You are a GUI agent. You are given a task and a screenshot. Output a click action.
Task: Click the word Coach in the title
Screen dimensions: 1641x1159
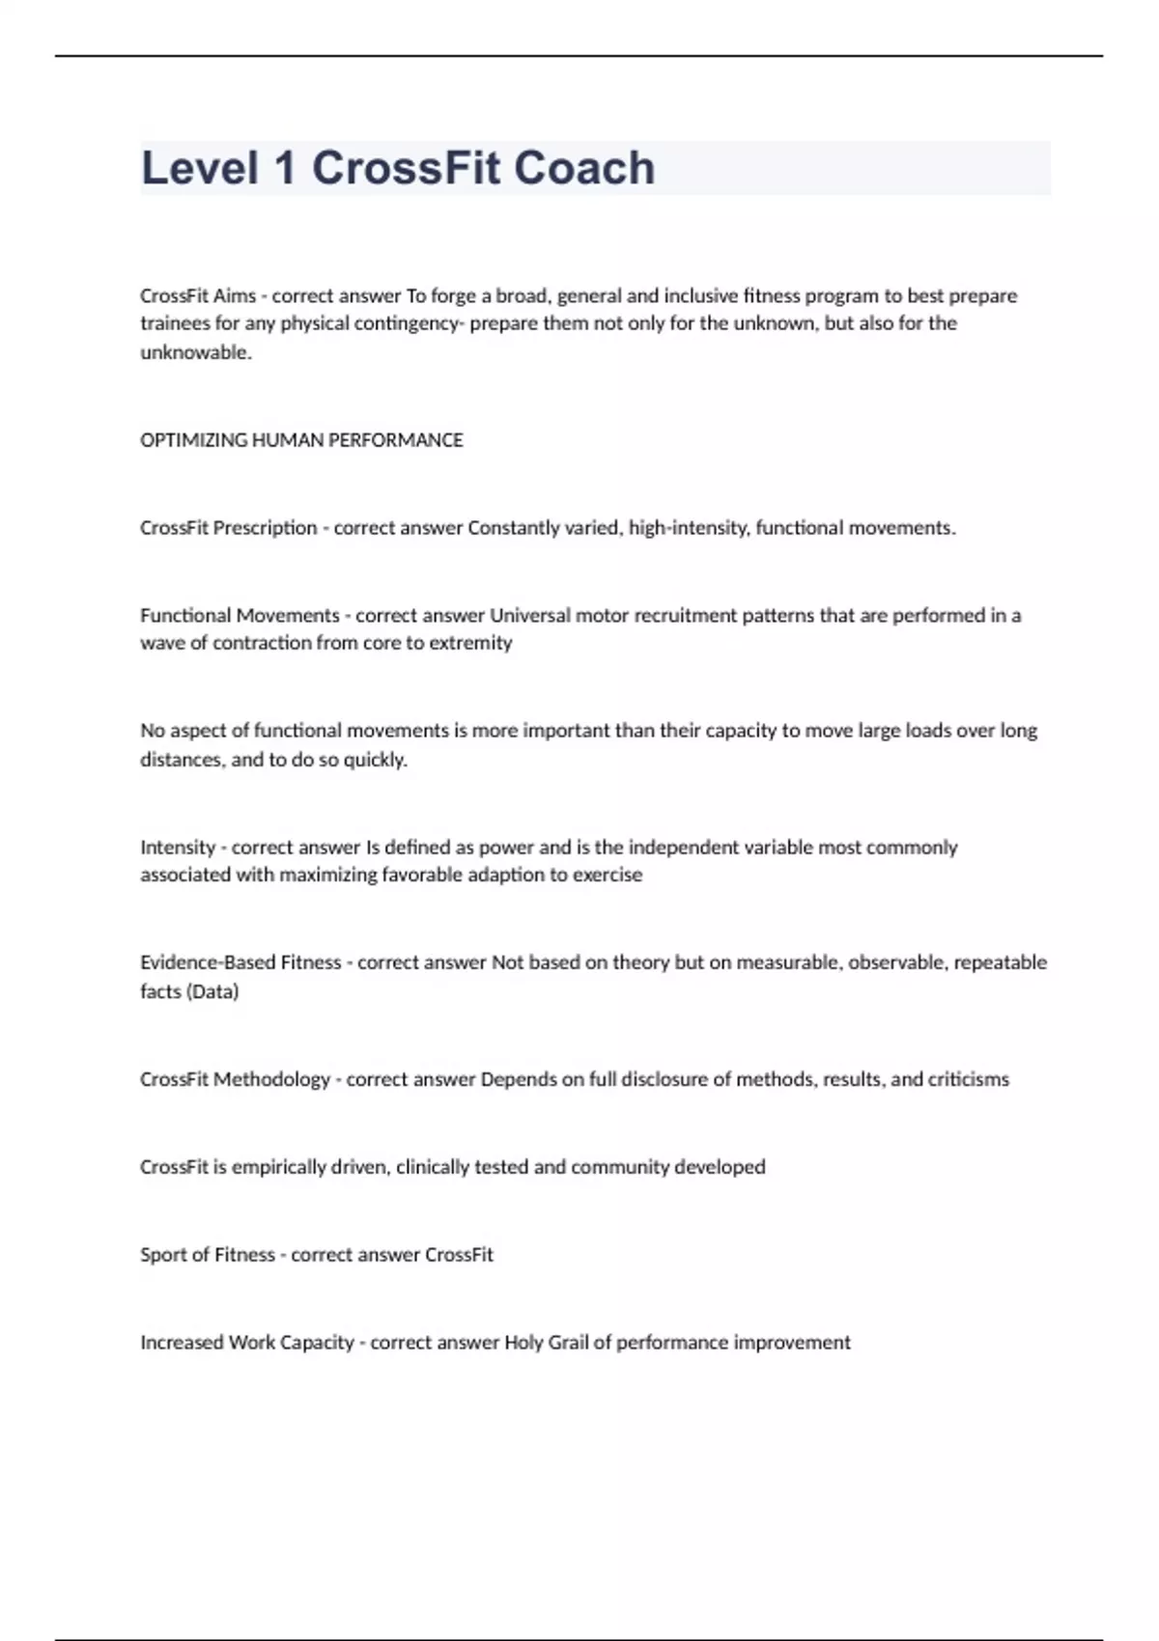pyautogui.click(x=584, y=168)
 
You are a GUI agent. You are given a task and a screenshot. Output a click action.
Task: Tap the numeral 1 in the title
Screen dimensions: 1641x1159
pyautogui.click(x=284, y=168)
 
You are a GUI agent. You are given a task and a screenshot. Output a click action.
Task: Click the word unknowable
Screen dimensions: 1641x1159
pyautogui.click(x=195, y=352)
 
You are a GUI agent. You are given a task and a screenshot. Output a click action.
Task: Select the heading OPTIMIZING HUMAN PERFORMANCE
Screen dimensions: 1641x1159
pyautogui.click(x=301, y=440)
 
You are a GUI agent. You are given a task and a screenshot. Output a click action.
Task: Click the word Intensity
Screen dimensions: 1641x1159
pyautogui.click(x=178, y=848)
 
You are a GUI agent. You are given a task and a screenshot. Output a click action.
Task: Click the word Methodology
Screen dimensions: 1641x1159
pyautogui.click(x=271, y=1079)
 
